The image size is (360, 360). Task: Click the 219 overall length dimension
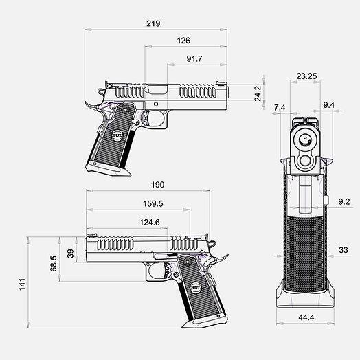(153, 23)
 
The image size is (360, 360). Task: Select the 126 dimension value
(183, 41)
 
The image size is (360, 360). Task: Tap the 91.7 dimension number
(194, 59)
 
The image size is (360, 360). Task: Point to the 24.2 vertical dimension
(258, 93)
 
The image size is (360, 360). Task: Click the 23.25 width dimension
(306, 76)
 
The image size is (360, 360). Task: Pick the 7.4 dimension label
(280, 107)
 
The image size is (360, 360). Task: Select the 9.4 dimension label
(329, 105)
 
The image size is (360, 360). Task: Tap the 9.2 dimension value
(344, 201)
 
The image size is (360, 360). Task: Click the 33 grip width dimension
(344, 250)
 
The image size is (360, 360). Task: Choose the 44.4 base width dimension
(306, 317)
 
